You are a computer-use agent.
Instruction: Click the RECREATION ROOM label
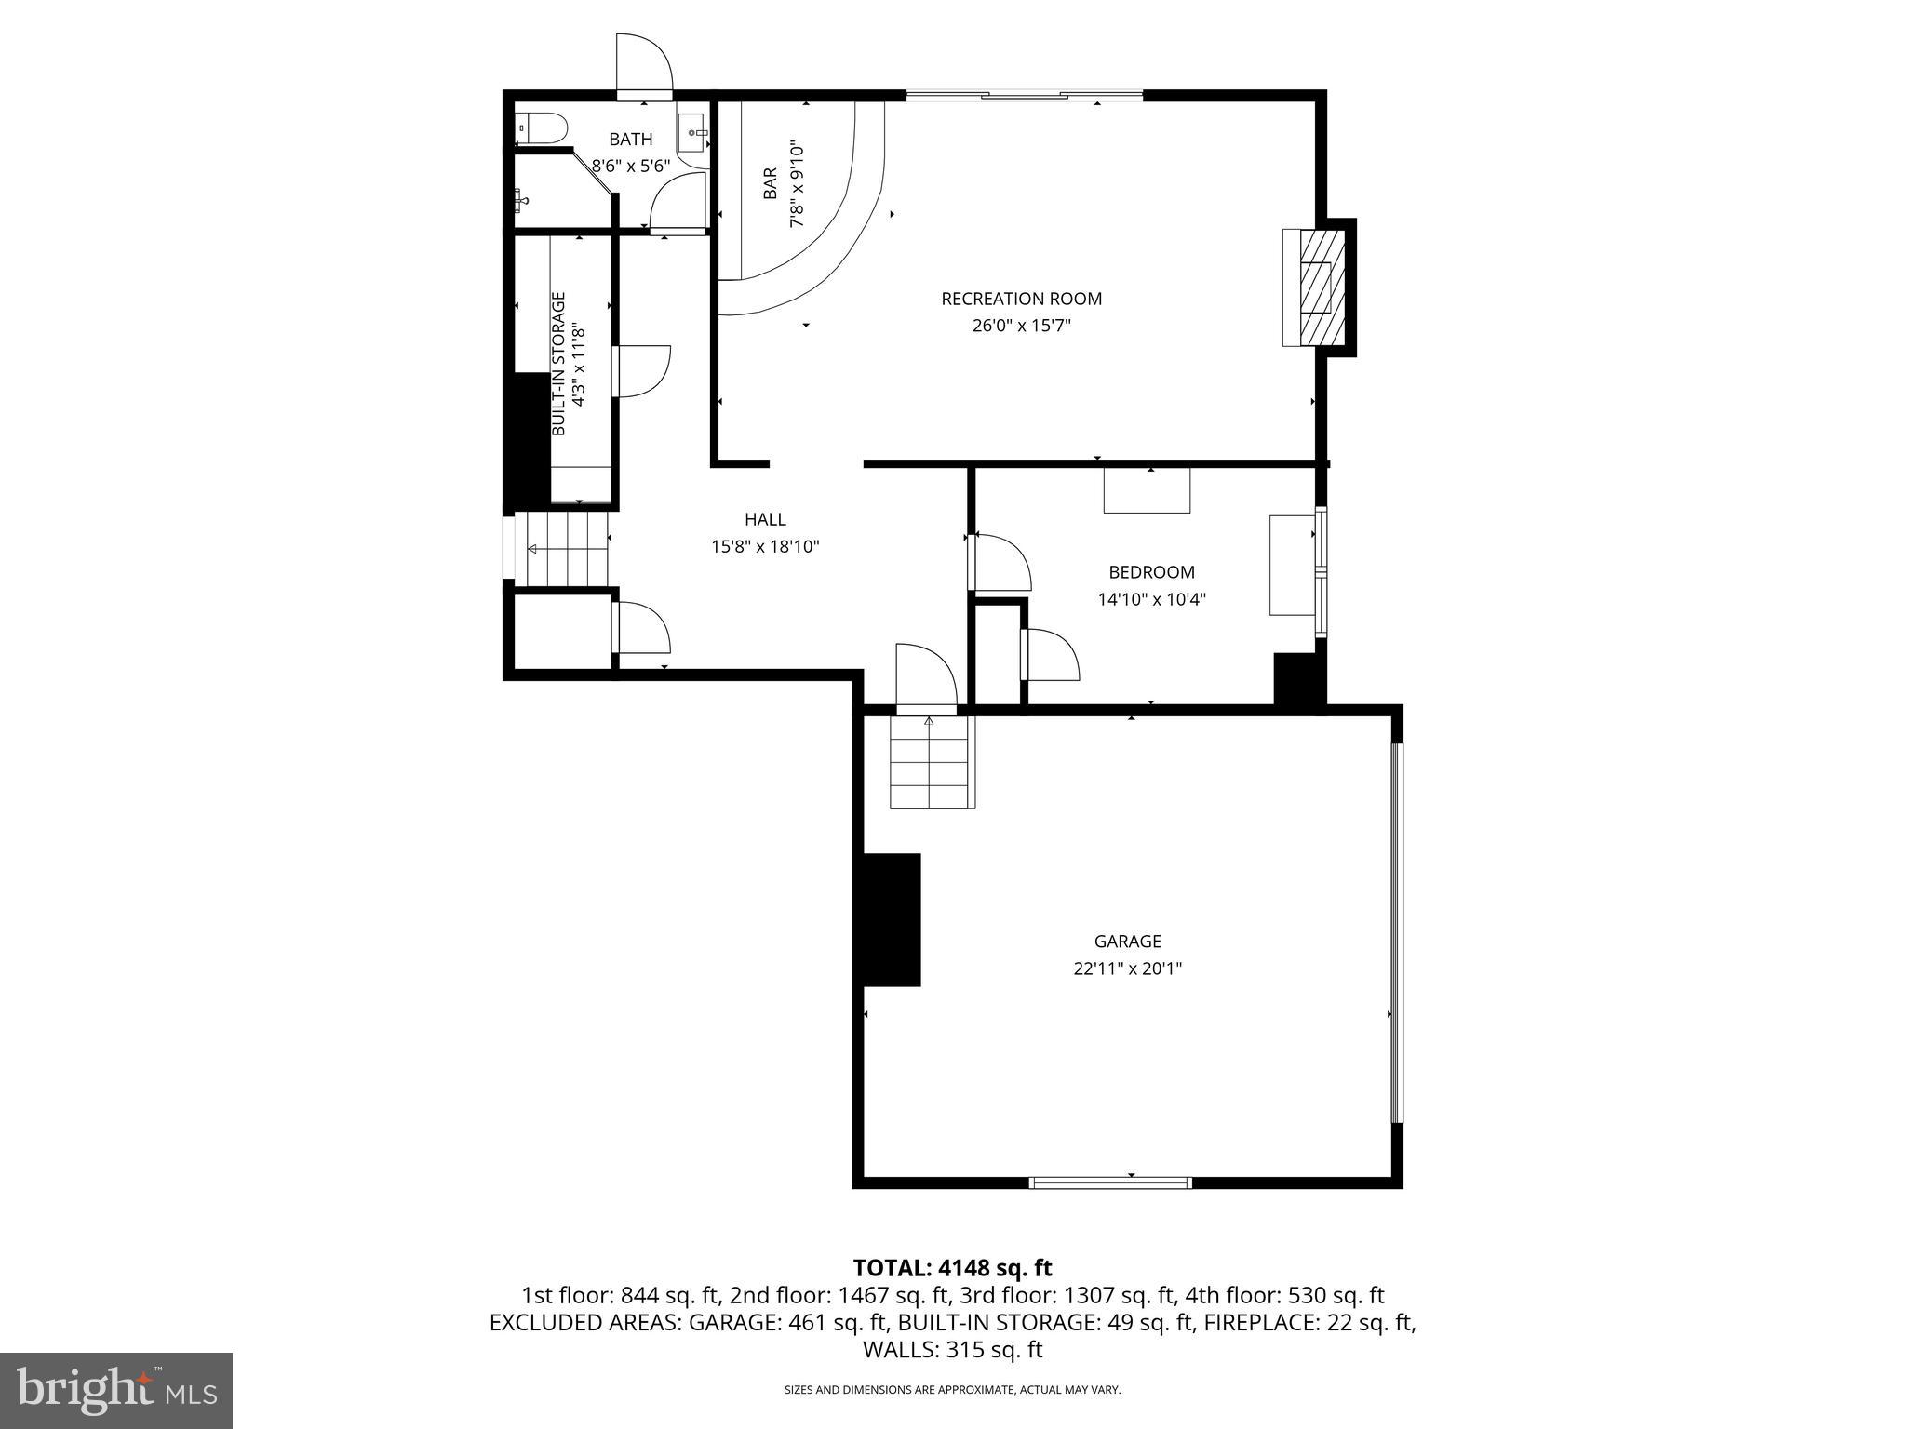point(1021,299)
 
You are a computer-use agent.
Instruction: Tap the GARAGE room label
point(1127,942)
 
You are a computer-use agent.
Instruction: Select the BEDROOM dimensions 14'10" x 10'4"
point(1151,600)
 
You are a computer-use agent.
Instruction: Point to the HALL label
point(765,520)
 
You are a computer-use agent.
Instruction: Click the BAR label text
point(771,183)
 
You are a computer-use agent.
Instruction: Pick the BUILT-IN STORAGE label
point(559,365)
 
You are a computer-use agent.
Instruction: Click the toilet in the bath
point(543,127)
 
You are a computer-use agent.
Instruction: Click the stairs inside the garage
point(933,763)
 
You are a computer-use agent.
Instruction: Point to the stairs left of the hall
point(562,549)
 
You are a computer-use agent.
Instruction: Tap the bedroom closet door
point(1050,654)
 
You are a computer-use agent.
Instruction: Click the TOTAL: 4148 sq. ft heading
point(952,1268)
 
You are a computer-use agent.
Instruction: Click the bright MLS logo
point(116,1390)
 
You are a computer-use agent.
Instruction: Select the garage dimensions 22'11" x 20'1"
point(1127,968)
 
